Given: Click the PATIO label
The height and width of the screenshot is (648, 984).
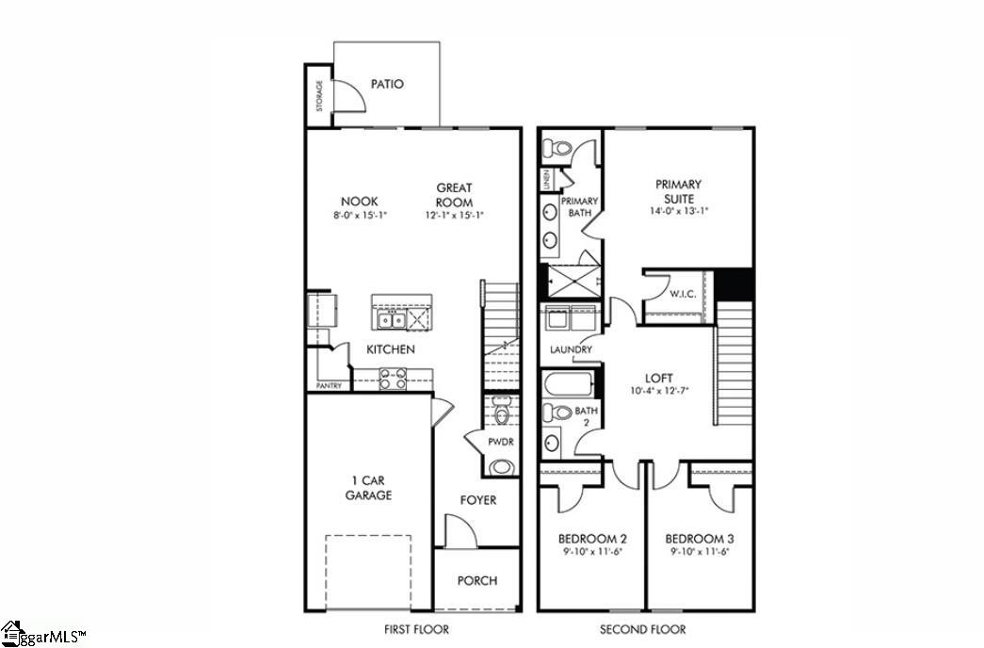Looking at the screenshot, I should click(386, 84).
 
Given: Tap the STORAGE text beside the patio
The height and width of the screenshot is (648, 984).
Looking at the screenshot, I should click(319, 96).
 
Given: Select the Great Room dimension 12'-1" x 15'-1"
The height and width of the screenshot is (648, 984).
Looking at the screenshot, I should click(454, 215).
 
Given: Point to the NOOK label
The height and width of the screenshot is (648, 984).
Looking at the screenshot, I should click(359, 201).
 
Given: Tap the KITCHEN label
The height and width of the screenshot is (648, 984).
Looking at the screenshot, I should click(390, 349).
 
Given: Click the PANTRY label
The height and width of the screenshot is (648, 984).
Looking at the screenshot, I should click(329, 385).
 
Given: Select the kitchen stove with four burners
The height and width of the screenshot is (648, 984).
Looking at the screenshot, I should click(393, 380).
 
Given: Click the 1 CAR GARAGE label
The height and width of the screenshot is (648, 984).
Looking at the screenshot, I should click(367, 487).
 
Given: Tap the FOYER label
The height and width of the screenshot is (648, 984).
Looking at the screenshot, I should click(477, 500).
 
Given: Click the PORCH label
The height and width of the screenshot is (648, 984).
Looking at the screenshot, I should click(477, 581).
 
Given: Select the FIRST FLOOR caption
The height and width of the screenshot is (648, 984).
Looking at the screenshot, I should click(415, 629).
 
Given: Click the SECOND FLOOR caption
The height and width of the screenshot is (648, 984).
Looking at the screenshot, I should click(643, 629).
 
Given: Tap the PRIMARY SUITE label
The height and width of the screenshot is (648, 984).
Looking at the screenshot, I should click(678, 192).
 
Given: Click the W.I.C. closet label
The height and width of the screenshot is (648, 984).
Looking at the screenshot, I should click(683, 294).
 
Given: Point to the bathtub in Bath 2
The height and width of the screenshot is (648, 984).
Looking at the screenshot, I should click(568, 384).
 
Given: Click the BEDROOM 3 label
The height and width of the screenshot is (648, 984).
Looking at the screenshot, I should click(700, 537).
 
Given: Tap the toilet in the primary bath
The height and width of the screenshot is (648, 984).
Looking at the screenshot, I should click(559, 148).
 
